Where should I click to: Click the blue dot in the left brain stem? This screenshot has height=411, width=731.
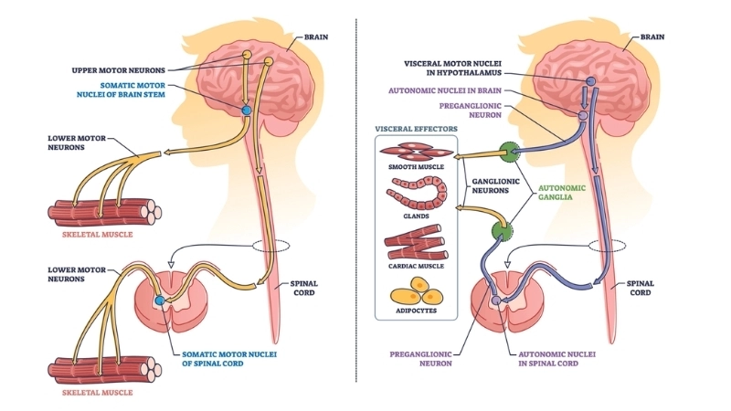tap(245, 110)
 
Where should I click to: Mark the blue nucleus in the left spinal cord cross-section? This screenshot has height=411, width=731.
tap(161, 300)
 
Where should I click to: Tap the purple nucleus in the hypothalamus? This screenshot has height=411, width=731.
tap(589, 82)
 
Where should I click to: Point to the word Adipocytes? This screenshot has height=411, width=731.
tap(416, 311)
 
